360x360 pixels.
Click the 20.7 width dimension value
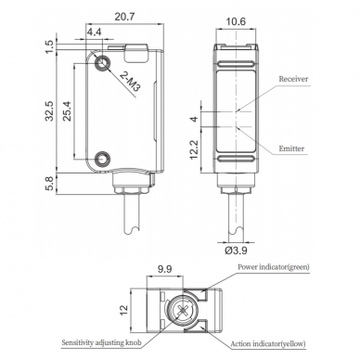124,17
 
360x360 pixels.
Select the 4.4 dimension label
94,32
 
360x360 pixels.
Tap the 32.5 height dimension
50,111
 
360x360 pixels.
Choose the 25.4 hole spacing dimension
68,111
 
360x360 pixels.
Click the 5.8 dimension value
50,184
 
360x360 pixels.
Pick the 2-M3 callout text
130,82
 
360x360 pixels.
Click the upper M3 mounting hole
101,63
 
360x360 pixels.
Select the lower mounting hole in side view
101,159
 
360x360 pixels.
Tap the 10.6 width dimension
236,21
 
